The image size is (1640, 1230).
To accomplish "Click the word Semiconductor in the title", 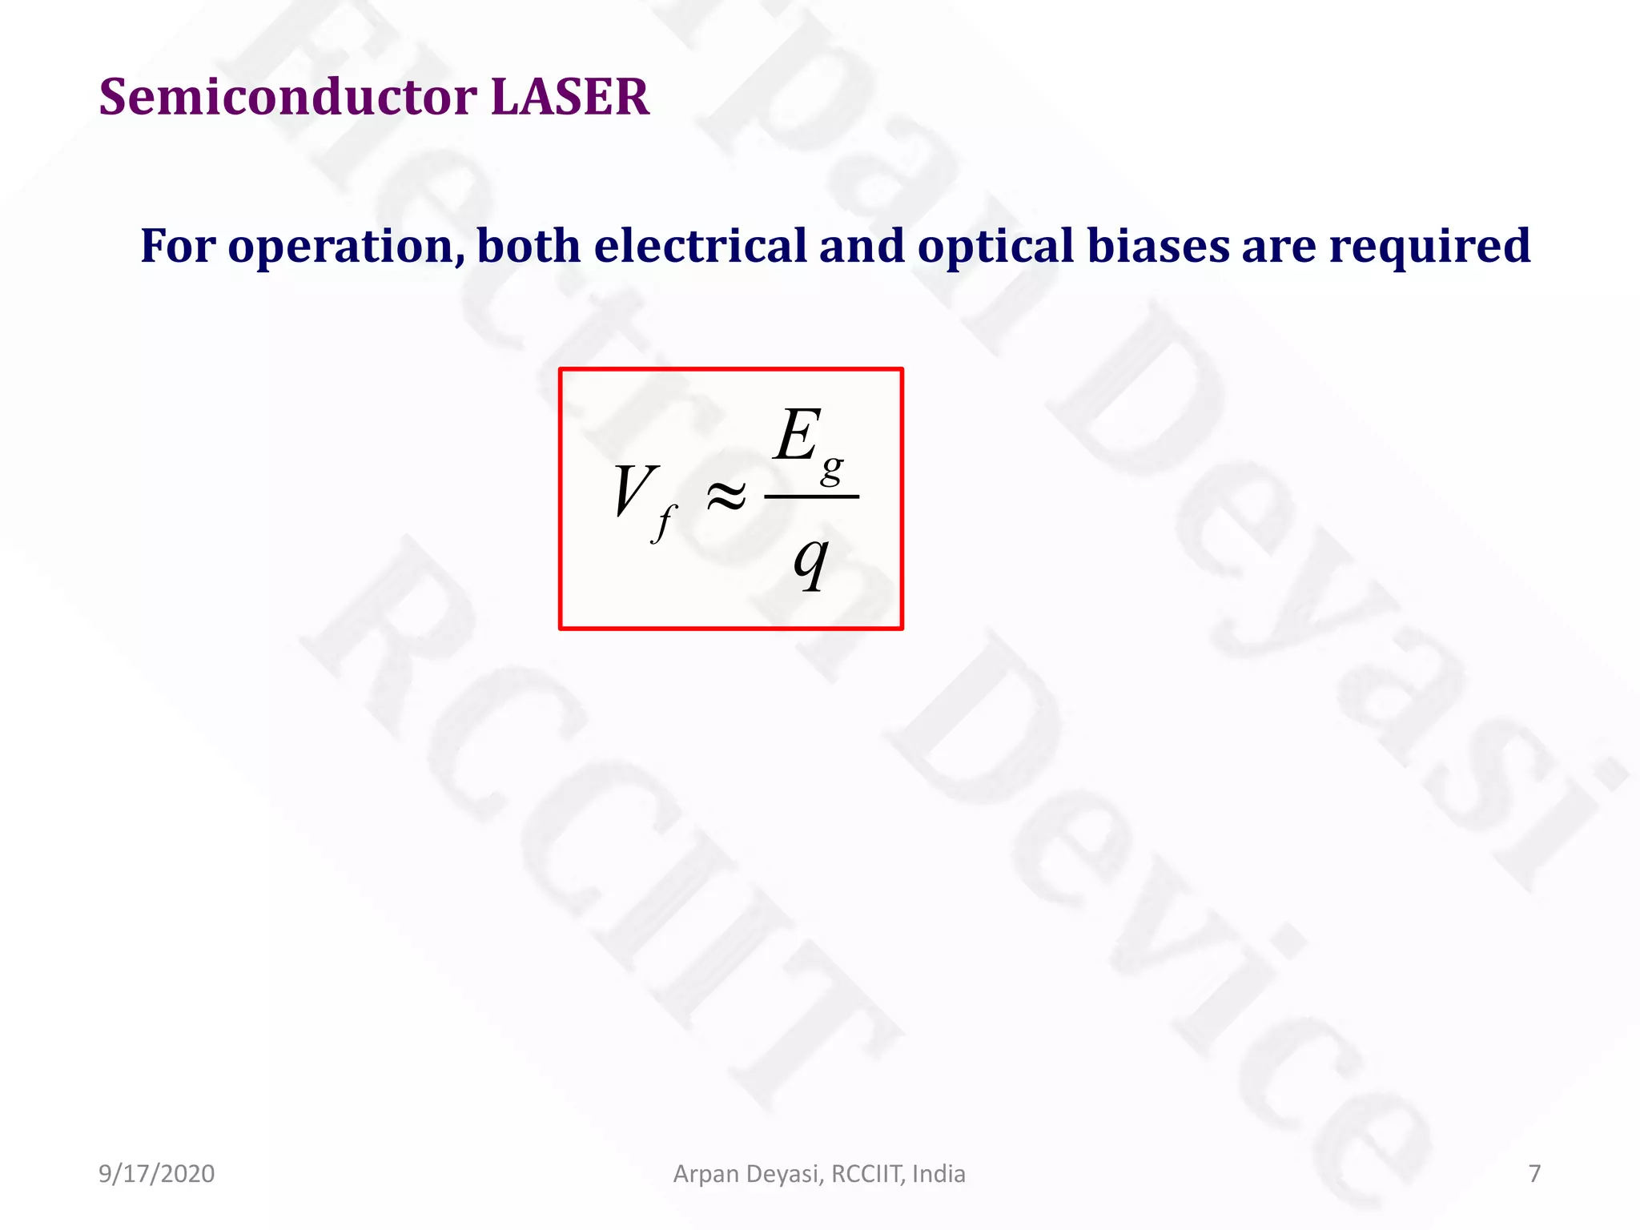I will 287,98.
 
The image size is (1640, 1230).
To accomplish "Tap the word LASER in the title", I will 569,98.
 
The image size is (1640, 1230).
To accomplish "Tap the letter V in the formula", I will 633,490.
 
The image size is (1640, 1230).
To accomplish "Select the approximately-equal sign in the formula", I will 726,496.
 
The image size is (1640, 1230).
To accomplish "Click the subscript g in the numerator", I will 832,468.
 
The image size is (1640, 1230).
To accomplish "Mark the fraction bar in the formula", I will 811,496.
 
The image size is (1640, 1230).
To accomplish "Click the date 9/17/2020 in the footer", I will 156,1174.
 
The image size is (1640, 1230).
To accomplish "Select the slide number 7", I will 1534,1174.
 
